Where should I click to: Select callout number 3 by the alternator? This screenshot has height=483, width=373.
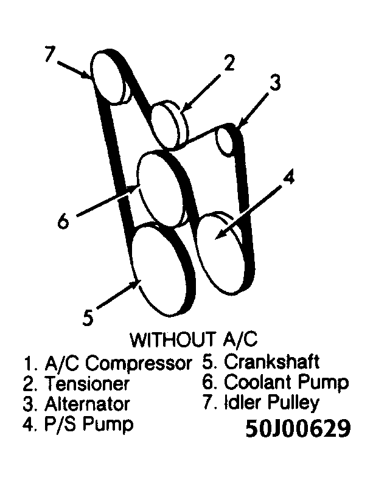275,83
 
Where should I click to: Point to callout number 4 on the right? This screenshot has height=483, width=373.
289,177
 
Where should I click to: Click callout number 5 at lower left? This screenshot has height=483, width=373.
88,317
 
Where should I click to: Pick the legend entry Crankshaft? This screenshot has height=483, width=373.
262,362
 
